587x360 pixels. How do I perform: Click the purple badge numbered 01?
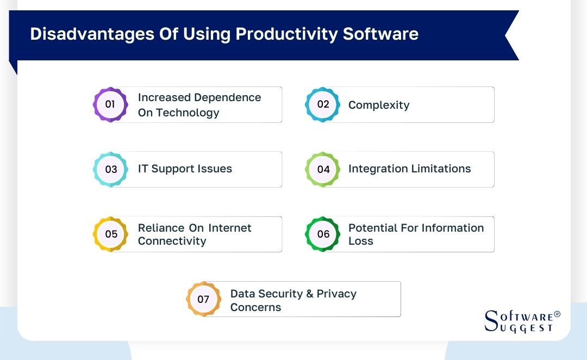(x=110, y=104)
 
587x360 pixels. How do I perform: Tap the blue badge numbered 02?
(x=323, y=104)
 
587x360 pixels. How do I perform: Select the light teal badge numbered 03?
(x=110, y=169)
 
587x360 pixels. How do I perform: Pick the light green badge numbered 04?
(x=323, y=169)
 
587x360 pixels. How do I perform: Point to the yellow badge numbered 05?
(x=110, y=234)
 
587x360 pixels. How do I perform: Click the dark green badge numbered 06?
(x=323, y=234)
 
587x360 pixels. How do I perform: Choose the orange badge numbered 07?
(x=203, y=299)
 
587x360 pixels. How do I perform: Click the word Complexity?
(x=379, y=105)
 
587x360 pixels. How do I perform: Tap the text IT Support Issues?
(x=185, y=169)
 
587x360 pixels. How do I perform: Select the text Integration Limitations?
(x=409, y=169)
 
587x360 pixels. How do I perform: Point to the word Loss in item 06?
(x=361, y=241)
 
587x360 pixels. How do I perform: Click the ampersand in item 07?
(x=310, y=294)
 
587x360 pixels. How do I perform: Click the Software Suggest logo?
(x=519, y=321)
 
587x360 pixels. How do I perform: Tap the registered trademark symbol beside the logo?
(x=557, y=314)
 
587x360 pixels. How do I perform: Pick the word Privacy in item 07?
(x=336, y=294)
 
